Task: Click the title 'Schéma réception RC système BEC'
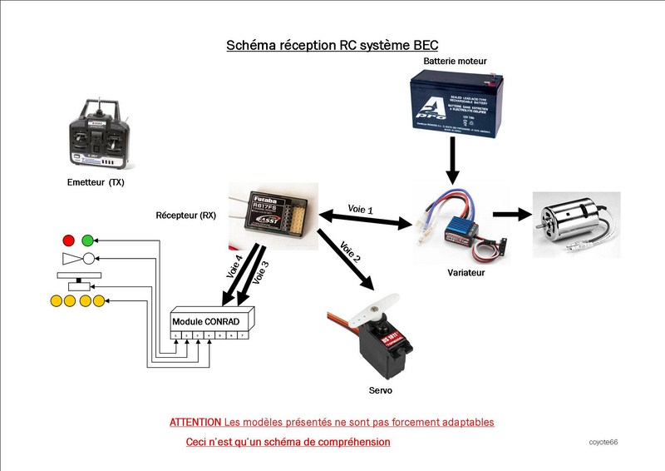tap(332, 45)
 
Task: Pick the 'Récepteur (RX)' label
tap(186, 215)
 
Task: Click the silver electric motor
tap(577, 217)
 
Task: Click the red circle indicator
tap(68, 241)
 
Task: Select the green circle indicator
tap(87, 241)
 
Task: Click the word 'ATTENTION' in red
tap(195, 422)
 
